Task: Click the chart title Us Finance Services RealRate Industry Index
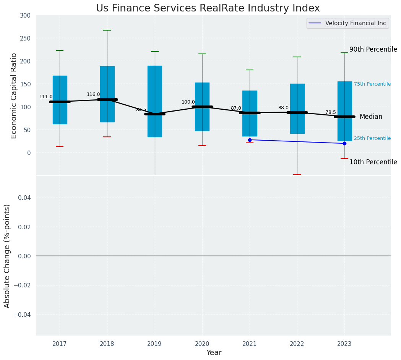tap(208, 8)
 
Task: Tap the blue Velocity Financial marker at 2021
tap(250, 140)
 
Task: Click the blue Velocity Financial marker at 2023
tap(344, 143)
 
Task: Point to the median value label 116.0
tap(93, 94)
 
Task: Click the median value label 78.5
tap(331, 112)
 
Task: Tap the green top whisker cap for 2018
tap(107, 30)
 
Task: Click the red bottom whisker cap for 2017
tap(60, 146)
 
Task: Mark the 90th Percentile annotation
tap(373, 49)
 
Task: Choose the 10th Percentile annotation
tap(373, 162)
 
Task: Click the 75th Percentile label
tap(372, 84)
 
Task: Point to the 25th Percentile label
tap(372, 138)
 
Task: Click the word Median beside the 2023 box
tap(371, 117)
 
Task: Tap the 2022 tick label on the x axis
tap(297, 344)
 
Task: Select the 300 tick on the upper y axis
tap(25, 15)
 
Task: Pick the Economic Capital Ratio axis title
tap(14, 96)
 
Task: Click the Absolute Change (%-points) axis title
tap(7, 256)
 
